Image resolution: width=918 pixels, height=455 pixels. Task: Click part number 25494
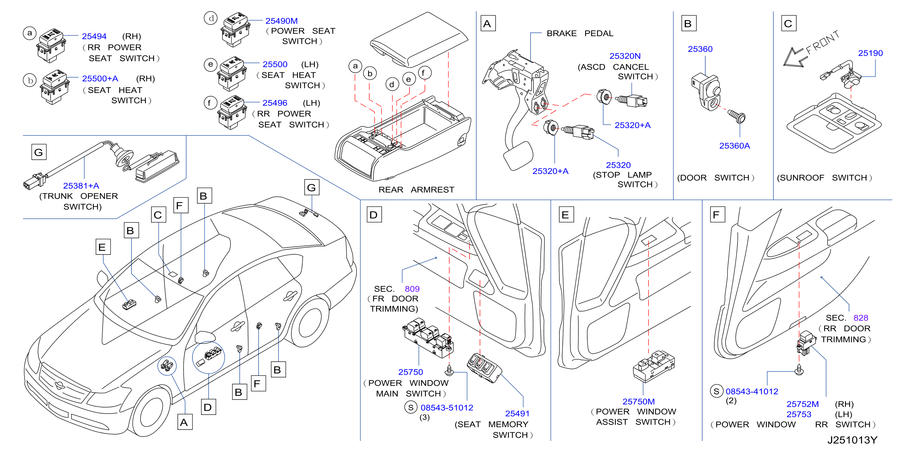[94, 36]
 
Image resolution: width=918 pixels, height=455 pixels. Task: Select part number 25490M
[281, 21]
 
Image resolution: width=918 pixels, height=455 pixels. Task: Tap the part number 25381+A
[81, 186]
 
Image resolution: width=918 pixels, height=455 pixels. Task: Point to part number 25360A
[734, 146]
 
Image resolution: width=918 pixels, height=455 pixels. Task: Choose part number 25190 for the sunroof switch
[870, 53]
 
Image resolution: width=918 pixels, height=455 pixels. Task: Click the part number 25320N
[625, 56]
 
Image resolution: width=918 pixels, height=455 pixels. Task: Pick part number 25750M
[638, 402]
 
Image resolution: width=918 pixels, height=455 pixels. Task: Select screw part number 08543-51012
[447, 407]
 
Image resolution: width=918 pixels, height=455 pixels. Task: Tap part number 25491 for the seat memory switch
[517, 414]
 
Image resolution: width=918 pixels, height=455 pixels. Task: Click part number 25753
[799, 414]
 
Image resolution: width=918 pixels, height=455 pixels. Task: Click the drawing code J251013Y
[852, 440]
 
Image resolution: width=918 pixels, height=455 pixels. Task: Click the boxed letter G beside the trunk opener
[39, 152]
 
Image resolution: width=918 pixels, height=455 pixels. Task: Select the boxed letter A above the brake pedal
[488, 24]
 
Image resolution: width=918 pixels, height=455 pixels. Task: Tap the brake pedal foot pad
[518, 156]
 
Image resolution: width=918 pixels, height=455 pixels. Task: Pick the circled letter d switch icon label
[211, 18]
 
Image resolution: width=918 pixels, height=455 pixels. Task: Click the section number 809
[412, 289]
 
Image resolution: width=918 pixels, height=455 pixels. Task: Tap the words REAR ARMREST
[416, 190]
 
